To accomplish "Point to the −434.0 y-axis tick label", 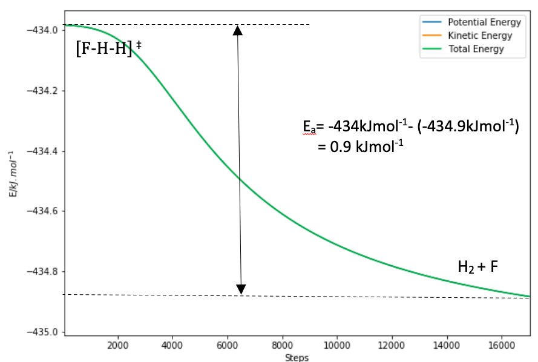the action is point(40,30).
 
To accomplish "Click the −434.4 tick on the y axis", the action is point(40,151).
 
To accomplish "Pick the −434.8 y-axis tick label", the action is point(40,271).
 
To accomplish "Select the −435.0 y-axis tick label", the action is point(40,332).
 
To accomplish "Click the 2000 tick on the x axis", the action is point(117,345).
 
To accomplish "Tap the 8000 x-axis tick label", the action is point(283,345).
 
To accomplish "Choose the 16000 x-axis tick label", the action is point(502,345).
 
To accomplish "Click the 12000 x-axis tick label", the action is point(392,345).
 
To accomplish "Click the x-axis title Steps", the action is point(297,358).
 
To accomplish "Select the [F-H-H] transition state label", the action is point(108,48).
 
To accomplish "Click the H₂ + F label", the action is point(477,266).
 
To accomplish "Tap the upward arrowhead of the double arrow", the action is point(238,30).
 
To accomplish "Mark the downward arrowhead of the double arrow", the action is point(241,289).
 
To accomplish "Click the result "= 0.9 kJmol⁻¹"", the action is point(361,146).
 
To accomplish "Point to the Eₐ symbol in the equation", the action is point(309,127).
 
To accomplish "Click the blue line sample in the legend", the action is point(432,22).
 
